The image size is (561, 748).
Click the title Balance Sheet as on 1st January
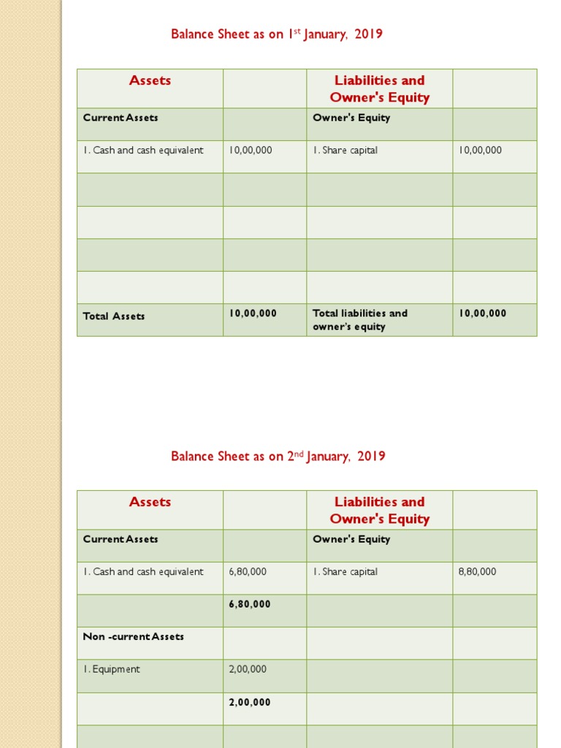point(277,34)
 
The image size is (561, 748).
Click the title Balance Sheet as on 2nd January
point(278,457)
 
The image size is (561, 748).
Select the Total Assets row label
point(114,316)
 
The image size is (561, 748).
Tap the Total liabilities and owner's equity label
point(360,320)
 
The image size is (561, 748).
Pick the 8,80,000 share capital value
point(477,572)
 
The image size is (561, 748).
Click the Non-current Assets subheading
point(134,637)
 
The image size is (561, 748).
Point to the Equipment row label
point(112,670)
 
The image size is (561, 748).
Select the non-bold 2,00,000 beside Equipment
point(248,670)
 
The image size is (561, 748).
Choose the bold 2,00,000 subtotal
point(250,703)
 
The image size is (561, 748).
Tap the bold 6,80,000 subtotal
point(250,604)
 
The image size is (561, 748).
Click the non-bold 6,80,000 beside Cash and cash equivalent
point(248,572)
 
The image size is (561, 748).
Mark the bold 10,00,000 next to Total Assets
point(253,313)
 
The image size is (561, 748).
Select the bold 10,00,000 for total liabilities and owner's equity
point(483,313)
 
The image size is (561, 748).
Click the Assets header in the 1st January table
point(150,81)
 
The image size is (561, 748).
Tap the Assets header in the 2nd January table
point(150,503)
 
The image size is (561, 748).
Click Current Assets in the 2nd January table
point(121,540)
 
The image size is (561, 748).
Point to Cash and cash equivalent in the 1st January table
point(143,150)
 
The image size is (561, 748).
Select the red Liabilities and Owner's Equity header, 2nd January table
point(380,511)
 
